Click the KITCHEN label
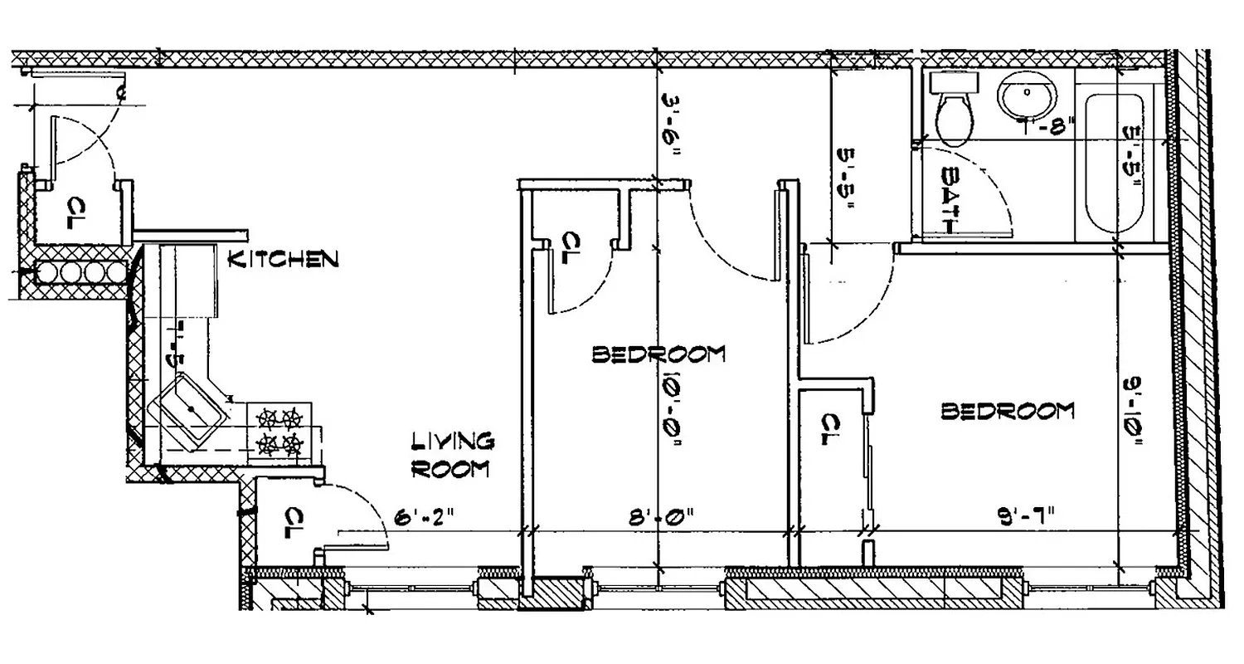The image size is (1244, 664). [x=283, y=259]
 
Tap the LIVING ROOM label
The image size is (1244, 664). [x=452, y=455]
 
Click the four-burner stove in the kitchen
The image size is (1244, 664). [x=279, y=432]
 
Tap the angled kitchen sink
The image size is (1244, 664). [x=190, y=410]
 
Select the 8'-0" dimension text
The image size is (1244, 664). [x=661, y=519]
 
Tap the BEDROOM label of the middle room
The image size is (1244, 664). [x=658, y=354]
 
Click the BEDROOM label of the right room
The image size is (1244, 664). [x=1007, y=411]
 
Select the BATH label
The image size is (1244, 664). [x=950, y=200]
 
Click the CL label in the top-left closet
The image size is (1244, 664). [x=76, y=212]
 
